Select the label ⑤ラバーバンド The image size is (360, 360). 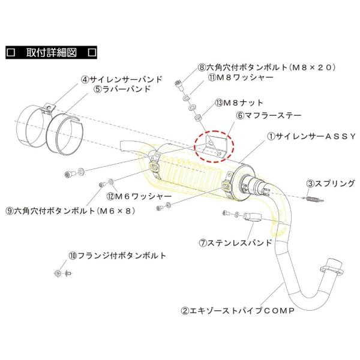point(122,89)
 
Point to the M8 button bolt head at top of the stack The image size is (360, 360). point(178,83)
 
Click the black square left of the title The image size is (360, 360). point(10,52)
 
